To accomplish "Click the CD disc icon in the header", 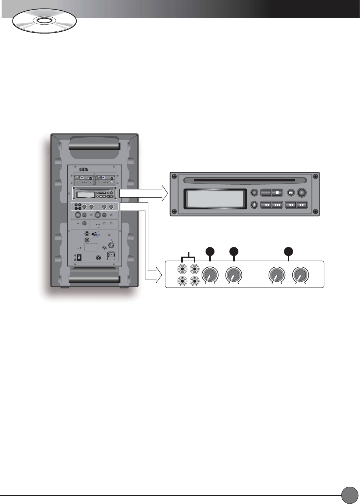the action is tap(44, 21).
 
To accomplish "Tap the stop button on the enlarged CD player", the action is tap(277, 192).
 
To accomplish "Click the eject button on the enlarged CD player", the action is tap(254, 205).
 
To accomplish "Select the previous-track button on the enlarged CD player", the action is tap(266, 205).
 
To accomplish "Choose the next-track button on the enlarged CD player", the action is tap(277, 205).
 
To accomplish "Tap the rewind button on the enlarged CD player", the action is tap(291, 205).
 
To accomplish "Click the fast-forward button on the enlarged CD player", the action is tap(302, 205).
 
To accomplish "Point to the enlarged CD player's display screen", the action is tap(215, 199).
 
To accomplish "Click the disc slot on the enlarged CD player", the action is tap(244, 181).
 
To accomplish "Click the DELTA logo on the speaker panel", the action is tap(84, 170).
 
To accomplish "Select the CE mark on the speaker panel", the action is tap(109, 235).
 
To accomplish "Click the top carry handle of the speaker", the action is tap(94, 146).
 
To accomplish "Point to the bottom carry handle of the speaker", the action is tap(94, 279).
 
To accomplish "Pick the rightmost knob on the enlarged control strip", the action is tap(300, 275).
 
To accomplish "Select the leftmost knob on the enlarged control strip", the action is tap(210, 275).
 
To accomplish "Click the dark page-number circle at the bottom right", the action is tap(349, 495).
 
